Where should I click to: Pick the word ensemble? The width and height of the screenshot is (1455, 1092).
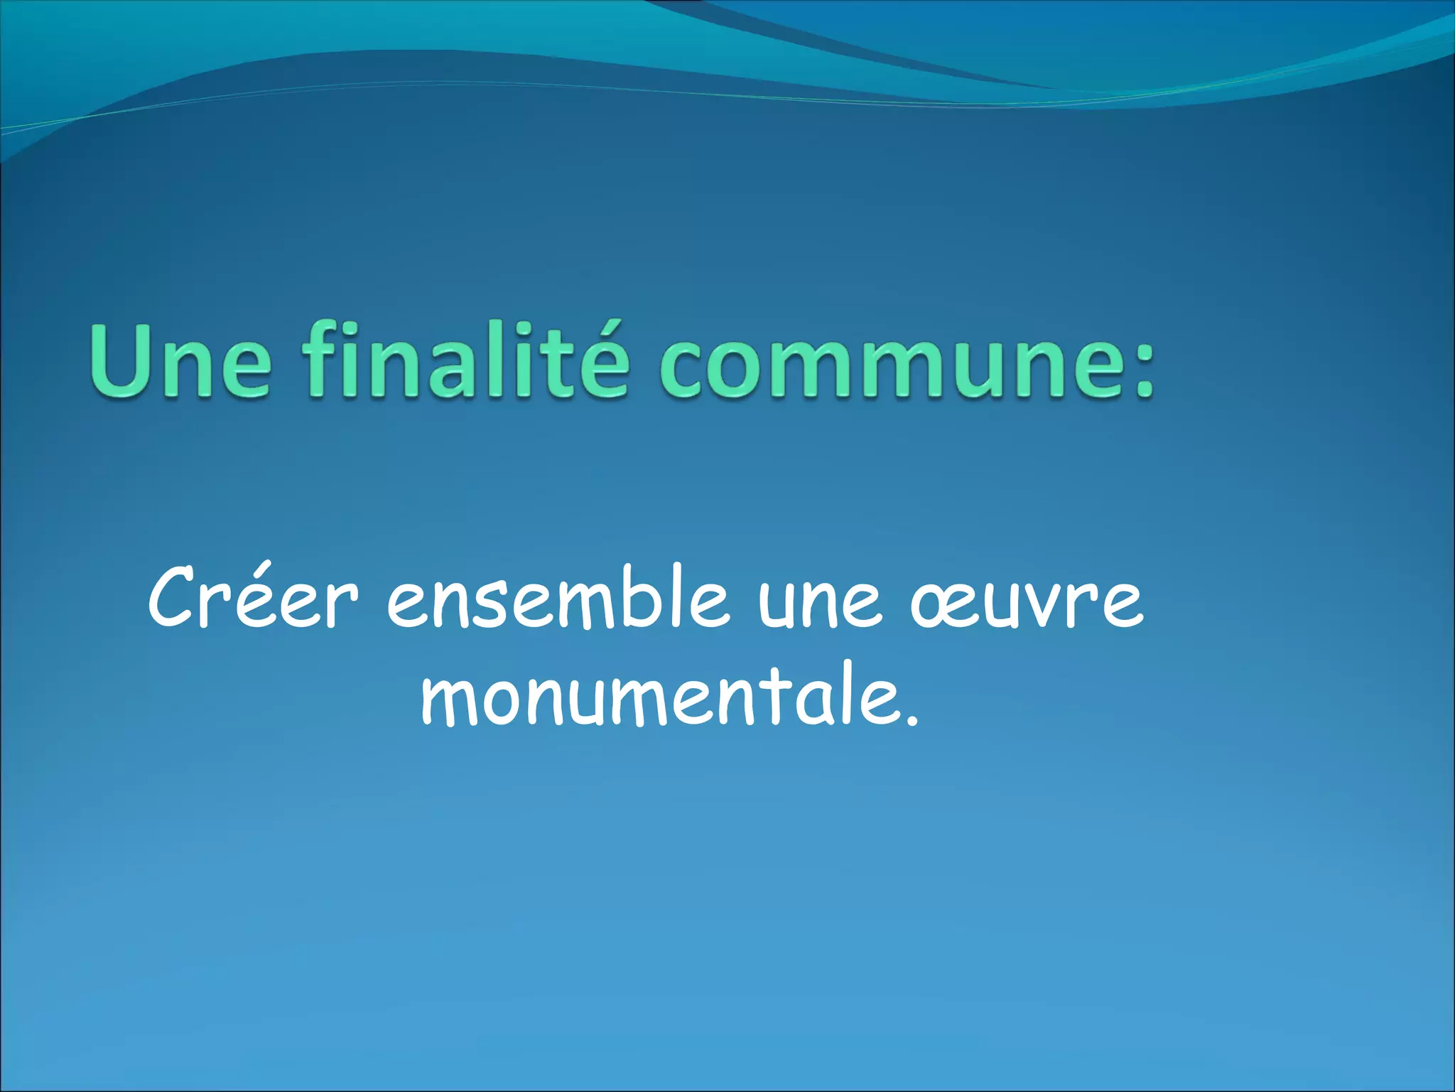[558, 597]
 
